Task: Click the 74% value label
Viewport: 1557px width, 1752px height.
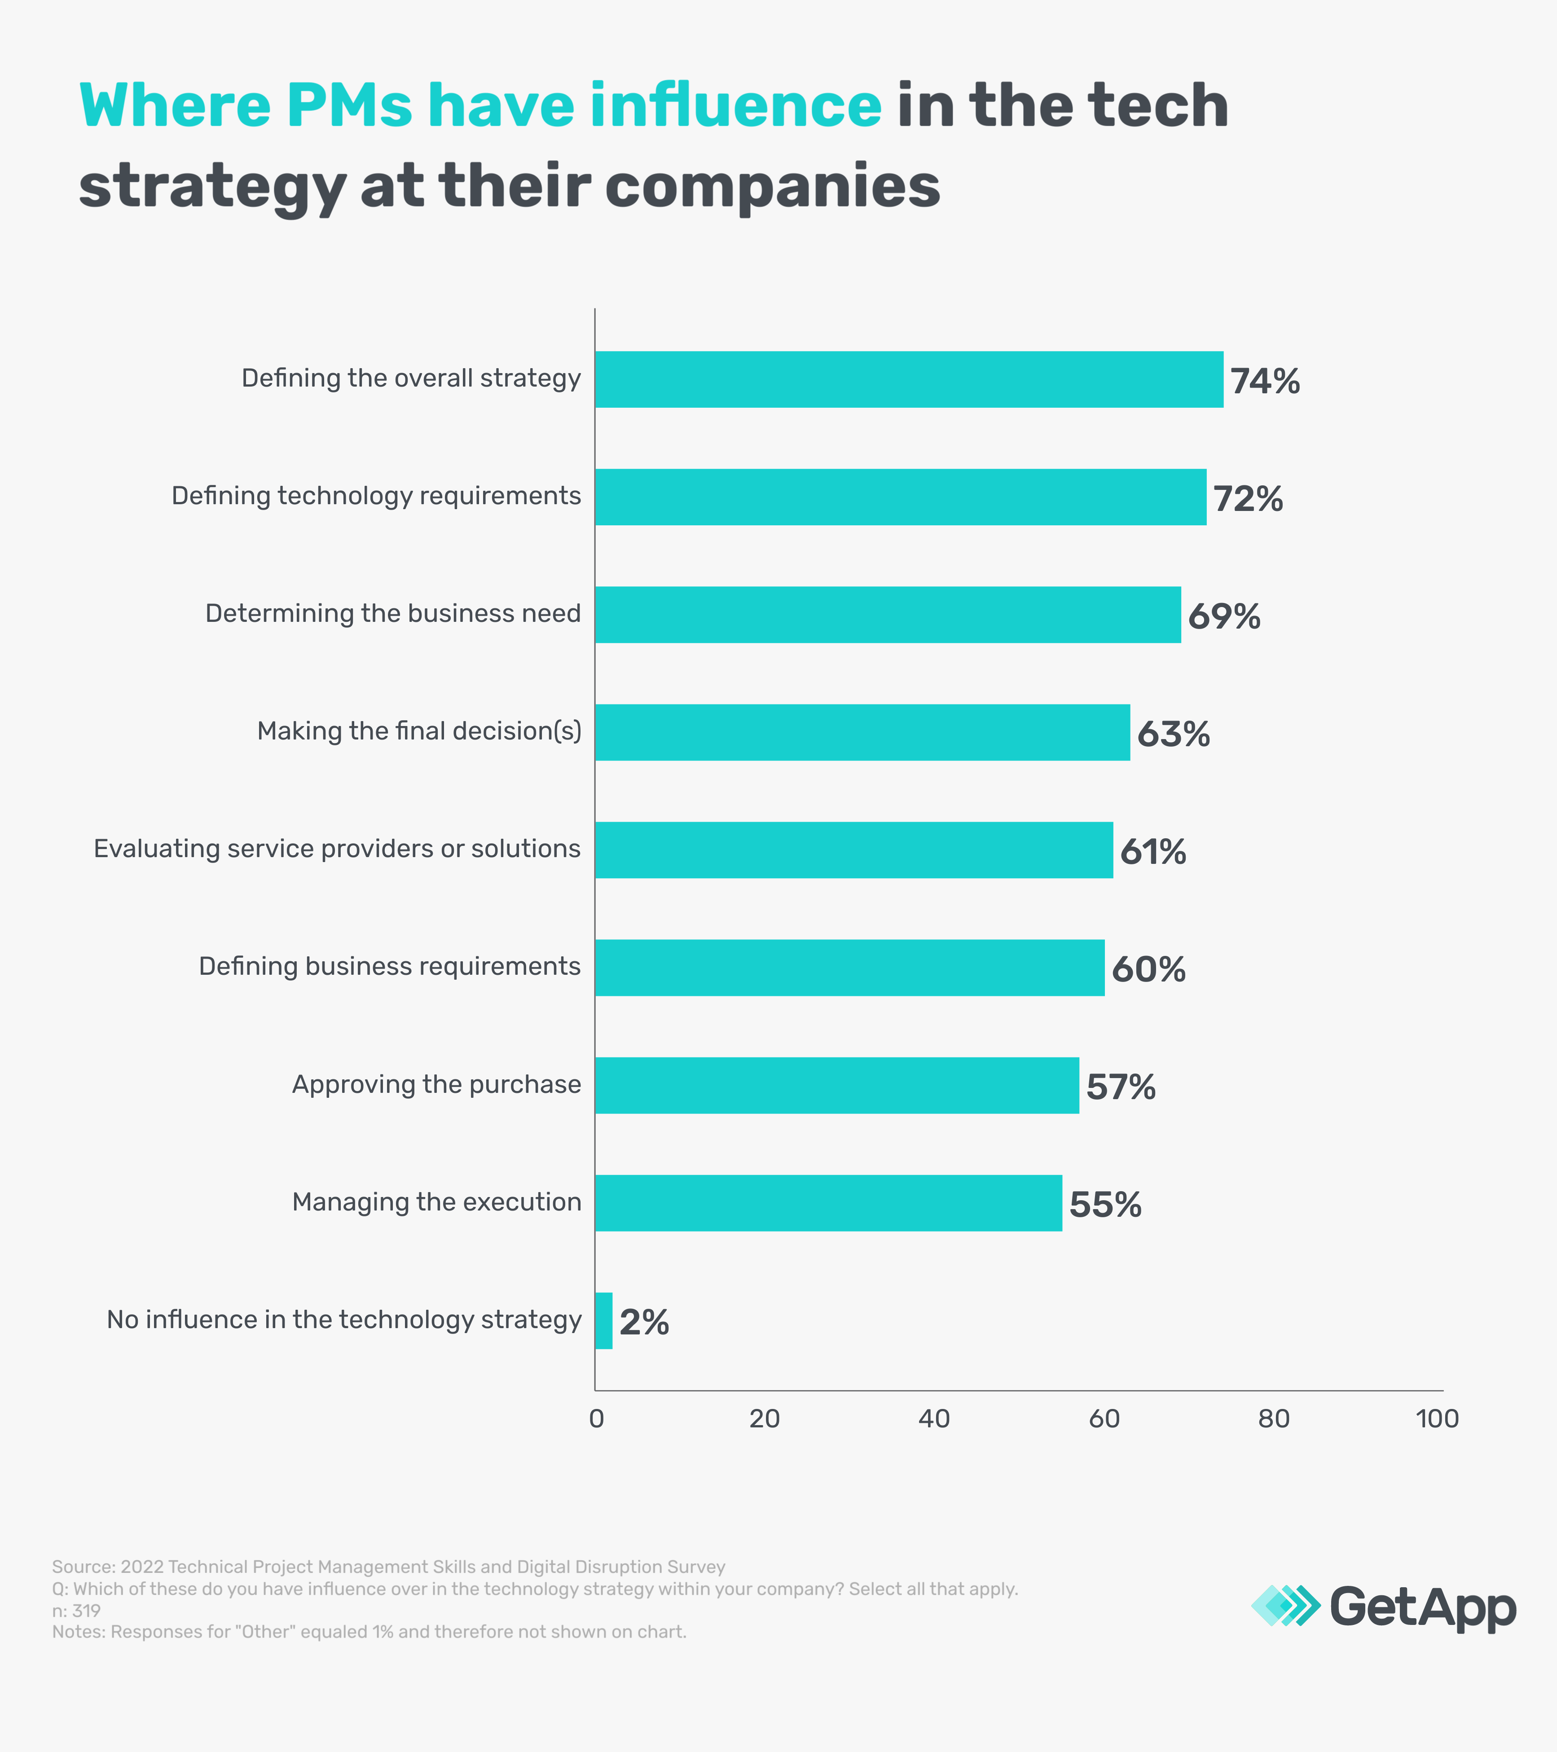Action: click(1265, 382)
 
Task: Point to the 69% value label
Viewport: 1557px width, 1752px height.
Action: click(1224, 616)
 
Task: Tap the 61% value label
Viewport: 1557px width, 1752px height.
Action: click(1152, 852)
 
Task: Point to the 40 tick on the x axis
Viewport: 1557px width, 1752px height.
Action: click(933, 1418)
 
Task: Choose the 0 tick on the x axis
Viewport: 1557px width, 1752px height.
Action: click(596, 1418)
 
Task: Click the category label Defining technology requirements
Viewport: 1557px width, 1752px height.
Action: click(376, 496)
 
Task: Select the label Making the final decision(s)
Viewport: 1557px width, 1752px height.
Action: click(419, 731)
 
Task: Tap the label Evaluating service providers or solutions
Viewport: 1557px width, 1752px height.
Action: click(337, 849)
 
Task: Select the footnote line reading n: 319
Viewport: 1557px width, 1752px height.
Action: click(76, 1611)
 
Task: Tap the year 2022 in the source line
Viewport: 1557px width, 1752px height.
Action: click(141, 1567)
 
